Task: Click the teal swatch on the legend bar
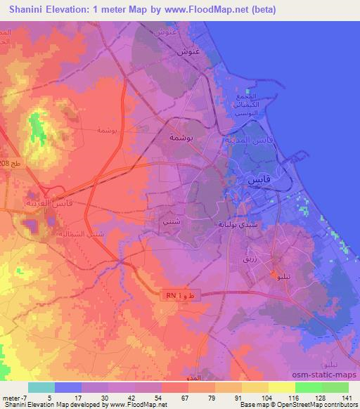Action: coord(41,387)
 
